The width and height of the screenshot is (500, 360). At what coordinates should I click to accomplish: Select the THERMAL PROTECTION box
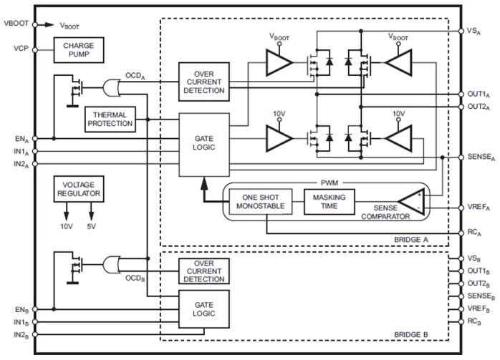tap(110, 119)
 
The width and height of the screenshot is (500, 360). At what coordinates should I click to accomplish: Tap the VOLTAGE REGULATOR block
tap(78, 190)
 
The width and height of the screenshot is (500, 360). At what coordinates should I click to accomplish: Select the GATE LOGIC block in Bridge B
tap(204, 309)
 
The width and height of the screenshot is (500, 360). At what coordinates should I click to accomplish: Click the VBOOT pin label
tap(16, 24)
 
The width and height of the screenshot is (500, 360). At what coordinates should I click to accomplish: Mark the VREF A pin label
tap(479, 207)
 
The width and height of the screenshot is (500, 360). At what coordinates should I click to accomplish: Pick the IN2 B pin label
tap(20, 335)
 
